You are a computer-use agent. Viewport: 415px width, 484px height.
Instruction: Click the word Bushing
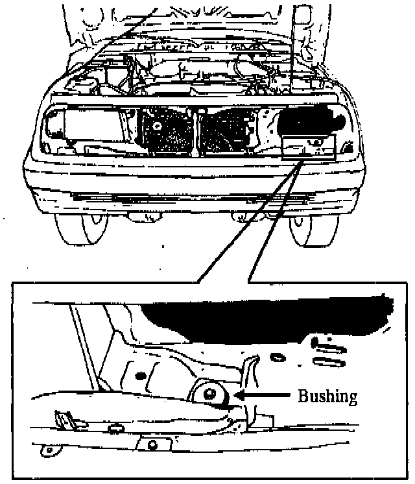tap(327, 396)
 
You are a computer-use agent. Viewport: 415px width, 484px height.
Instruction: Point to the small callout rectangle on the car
tap(309, 148)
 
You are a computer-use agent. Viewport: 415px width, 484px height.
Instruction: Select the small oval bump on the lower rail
tap(117, 428)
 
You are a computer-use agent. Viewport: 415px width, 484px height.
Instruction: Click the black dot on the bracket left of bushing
tap(138, 376)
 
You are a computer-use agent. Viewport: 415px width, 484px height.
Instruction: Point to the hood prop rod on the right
tap(301, 39)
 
